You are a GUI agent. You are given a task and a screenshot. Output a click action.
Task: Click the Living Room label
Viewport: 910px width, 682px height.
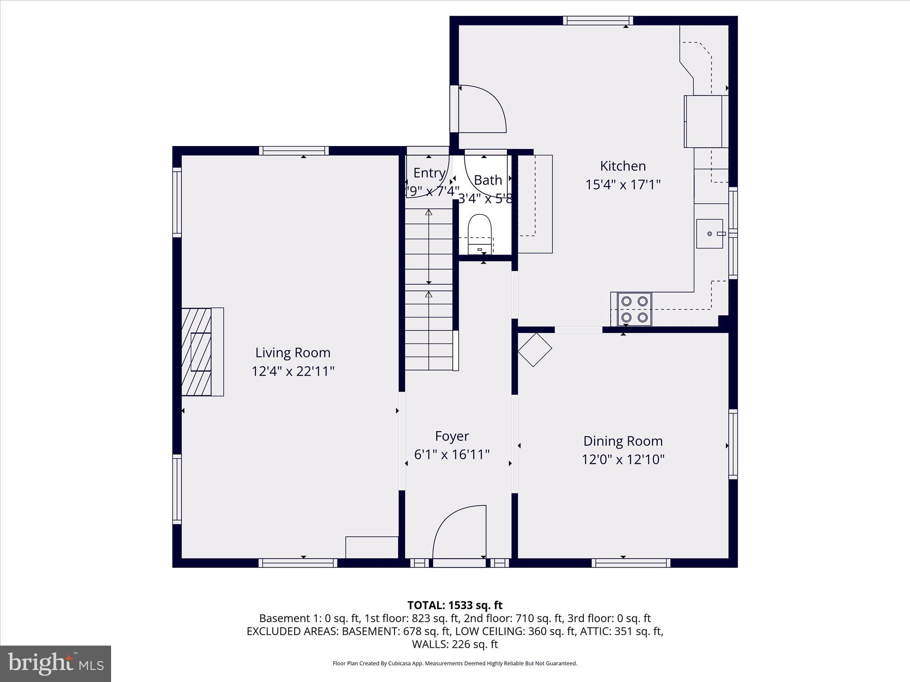292,353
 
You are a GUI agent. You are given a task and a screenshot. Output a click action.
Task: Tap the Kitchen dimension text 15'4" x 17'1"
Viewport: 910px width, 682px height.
623,184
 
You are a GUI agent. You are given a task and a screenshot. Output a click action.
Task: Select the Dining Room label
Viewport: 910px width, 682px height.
623,441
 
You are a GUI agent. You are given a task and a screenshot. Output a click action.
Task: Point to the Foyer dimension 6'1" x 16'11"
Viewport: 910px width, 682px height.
452,455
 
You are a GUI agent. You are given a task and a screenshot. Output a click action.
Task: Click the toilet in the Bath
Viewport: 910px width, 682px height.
479,233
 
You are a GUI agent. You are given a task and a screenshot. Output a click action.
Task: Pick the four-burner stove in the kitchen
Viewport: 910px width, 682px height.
634,309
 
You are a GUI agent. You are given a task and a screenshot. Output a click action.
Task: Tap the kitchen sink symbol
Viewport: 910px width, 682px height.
710,234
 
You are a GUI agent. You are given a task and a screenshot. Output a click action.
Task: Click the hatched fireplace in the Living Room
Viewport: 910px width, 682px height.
196,352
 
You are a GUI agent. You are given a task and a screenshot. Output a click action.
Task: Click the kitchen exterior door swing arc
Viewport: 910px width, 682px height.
482,109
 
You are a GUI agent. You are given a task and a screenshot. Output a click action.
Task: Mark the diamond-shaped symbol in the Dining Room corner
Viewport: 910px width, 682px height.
535,349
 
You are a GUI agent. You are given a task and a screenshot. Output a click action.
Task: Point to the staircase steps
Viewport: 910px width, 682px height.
428,289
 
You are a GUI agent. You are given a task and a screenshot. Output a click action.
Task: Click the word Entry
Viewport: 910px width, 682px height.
429,173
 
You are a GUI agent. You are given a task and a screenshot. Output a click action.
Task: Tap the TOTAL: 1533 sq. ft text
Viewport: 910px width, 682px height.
455,605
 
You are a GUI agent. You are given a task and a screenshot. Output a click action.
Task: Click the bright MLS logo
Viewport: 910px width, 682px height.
56,664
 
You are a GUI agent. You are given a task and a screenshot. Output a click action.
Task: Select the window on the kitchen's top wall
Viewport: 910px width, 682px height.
598,20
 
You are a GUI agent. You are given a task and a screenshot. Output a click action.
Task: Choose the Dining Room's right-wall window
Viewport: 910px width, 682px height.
733,444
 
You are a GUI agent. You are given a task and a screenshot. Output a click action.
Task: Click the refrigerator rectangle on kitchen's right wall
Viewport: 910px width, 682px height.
706,121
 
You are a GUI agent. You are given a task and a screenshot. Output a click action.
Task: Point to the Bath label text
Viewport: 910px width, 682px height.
488,180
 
